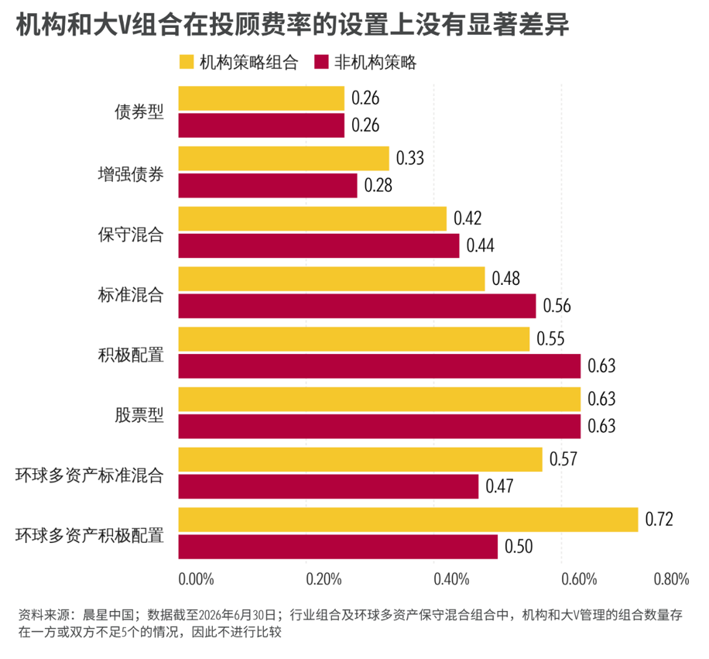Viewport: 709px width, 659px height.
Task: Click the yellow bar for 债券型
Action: [x=262, y=98]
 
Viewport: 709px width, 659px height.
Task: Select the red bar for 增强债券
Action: [x=268, y=186]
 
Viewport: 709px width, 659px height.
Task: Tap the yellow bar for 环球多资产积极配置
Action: [x=409, y=520]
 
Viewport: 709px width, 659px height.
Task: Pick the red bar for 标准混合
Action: [x=358, y=306]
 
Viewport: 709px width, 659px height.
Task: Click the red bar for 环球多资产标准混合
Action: [x=328, y=486]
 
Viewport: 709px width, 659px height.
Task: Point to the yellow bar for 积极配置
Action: [x=354, y=339]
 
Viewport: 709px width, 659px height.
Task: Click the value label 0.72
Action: [x=659, y=520]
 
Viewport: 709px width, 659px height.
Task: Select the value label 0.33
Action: [x=410, y=158]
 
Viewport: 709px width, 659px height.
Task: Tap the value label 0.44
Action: [x=480, y=245]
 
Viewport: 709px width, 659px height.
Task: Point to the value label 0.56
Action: [x=557, y=306]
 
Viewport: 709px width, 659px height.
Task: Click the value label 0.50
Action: [x=519, y=547]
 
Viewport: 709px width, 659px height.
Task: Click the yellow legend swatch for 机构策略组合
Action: [x=187, y=62]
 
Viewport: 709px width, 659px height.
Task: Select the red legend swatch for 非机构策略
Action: [x=321, y=62]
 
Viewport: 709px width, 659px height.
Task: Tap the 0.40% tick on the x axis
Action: [x=451, y=579]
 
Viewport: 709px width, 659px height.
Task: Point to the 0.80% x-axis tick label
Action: [x=672, y=579]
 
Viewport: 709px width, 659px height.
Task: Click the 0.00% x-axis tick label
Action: [x=197, y=579]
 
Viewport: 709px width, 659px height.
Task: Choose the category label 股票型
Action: [x=139, y=415]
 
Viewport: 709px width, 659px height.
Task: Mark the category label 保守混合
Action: [x=131, y=235]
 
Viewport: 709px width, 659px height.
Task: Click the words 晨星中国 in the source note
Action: [x=108, y=615]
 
